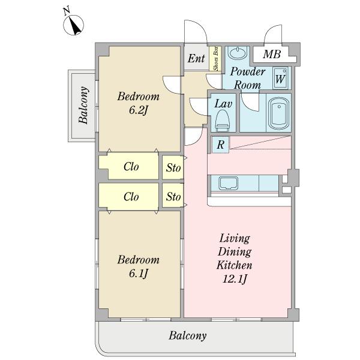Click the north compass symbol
[x=73, y=25]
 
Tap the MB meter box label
[x=272, y=54]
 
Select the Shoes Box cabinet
[x=215, y=59]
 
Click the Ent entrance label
[x=196, y=58]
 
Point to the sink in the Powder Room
[x=238, y=53]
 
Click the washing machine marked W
[x=281, y=78]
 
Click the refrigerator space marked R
[x=220, y=145]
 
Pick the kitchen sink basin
[x=228, y=183]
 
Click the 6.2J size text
[x=138, y=110]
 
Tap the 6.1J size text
[x=139, y=274]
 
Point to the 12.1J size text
[x=235, y=279]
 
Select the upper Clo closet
[x=129, y=166]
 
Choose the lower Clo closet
[x=129, y=197]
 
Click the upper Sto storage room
[x=173, y=167]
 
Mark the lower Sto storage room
[x=173, y=196]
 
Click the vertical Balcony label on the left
[x=83, y=105]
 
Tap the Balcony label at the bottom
[x=188, y=336]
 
